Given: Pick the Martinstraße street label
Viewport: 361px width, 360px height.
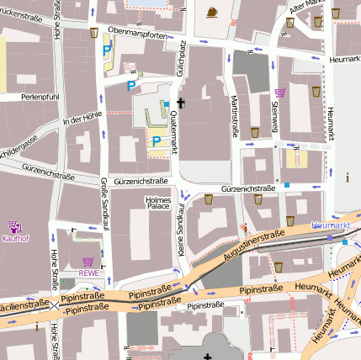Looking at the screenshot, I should coord(235,115).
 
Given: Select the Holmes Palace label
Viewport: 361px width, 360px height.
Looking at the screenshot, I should coord(157,203).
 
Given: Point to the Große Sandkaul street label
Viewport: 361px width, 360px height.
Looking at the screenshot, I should coord(104,199).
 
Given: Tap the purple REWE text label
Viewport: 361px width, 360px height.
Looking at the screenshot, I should coord(88,273).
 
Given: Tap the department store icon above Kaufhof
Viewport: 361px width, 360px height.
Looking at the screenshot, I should coord(13,227).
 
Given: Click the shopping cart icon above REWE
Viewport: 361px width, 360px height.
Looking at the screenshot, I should coord(88,262).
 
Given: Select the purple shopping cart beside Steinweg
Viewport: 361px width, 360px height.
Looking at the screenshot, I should coord(280,93).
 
